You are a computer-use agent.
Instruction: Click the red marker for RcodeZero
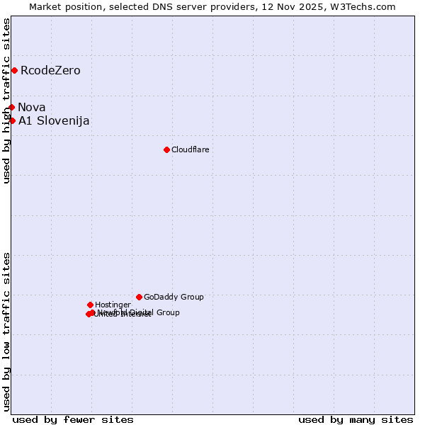tap(14, 70)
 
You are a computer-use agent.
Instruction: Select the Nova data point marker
tap(11, 107)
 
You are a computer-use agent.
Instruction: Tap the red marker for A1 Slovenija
tap(12, 120)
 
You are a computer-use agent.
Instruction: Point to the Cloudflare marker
tap(166, 149)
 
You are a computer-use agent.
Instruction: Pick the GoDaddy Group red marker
tap(139, 297)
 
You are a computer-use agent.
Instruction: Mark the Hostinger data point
tap(90, 305)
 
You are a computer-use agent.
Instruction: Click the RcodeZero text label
tap(50, 70)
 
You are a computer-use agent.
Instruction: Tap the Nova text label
tap(32, 107)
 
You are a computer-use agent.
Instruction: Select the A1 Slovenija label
tap(54, 120)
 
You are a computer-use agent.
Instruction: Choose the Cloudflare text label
tap(190, 149)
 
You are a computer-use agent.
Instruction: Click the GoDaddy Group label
tap(174, 297)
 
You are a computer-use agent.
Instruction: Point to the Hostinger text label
tap(113, 305)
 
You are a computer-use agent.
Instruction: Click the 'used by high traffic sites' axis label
tap(6, 101)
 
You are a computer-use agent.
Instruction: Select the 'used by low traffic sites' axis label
tap(6, 331)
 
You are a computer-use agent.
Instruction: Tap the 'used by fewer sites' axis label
tap(73, 419)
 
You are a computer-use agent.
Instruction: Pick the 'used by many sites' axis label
tap(356, 419)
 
